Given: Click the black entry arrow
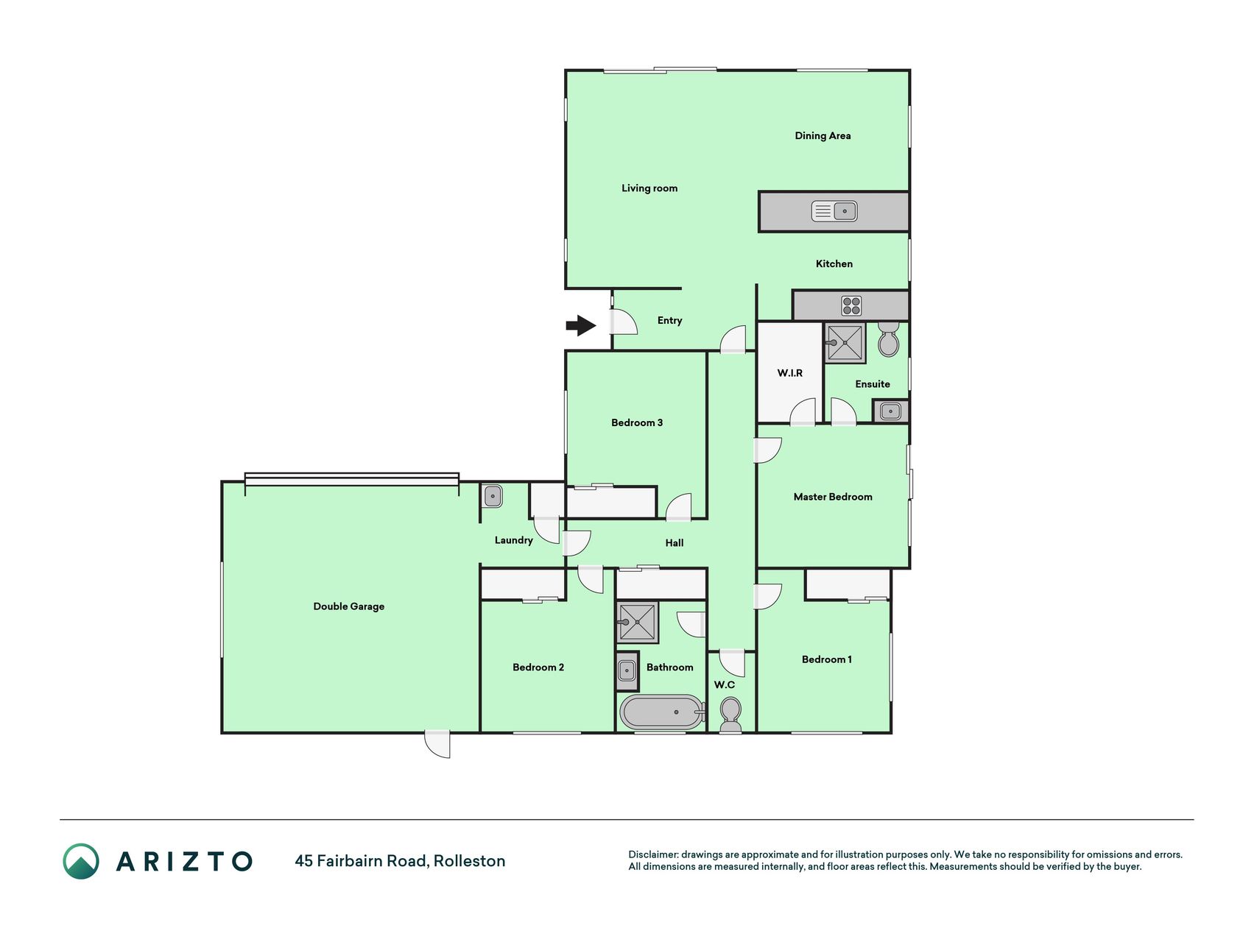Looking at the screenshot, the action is [x=581, y=325].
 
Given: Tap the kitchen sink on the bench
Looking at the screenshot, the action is [x=834, y=211].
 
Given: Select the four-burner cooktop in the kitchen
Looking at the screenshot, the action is [x=852, y=305].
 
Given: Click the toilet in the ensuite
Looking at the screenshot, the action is [x=889, y=339].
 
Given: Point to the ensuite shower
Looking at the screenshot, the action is [x=845, y=342].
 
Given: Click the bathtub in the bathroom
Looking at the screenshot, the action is [x=662, y=712].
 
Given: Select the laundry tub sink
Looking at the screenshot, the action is [x=493, y=496].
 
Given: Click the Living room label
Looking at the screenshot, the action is [x=649, y=188].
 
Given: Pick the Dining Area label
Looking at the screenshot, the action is [x=823, y=135].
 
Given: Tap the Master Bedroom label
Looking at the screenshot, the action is [x=833, y=497].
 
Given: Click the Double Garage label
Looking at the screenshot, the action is [x=349, y=606].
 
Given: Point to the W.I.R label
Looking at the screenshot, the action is [x=790, y=373].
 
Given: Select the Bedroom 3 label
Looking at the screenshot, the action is [x=637, y=422].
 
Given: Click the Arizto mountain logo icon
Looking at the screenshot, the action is [x=81, y=861].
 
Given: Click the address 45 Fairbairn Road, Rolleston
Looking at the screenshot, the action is [x=400, y=861].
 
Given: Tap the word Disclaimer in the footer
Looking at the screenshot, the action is [x=652, y=854].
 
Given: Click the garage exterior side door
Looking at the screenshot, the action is [x=437, y=744].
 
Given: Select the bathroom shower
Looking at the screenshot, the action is [x=638, y=623].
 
